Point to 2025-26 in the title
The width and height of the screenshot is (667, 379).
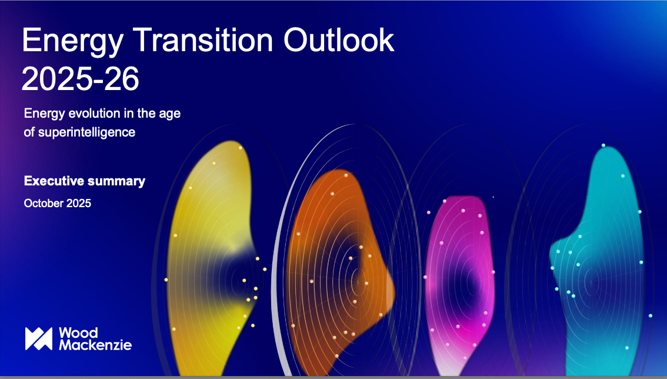(x=80, y=79)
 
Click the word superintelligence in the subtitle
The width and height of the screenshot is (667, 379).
(x=86, y=132)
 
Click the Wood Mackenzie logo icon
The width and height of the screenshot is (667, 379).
(x=39, y=338)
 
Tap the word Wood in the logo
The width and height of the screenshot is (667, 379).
(x=78, y=333)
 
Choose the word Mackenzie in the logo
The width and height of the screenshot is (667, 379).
(x=95, y=344)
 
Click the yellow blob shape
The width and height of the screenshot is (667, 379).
(x=204, y=255)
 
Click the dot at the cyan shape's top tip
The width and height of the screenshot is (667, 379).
(x=603, y=145)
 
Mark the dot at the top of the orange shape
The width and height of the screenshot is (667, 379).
(x=346, y=175)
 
